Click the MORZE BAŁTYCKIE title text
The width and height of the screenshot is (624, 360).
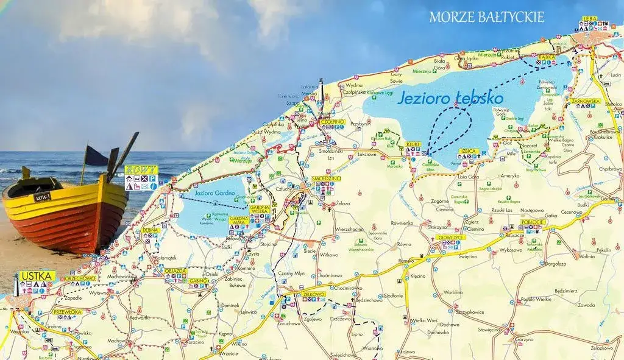click(x=486, y=17)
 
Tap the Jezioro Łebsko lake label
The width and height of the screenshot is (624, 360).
click(x=450, y=97)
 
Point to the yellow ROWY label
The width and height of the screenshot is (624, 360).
click(x=141, y=169)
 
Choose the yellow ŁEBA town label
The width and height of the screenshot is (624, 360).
click(x=590, y=19)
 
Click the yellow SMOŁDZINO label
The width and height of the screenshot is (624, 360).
click(x=326, y=178)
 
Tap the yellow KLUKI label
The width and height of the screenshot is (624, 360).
click(x=413, y=144)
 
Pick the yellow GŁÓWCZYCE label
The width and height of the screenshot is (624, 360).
click(x=452, y=237)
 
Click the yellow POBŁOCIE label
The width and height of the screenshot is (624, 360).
click(x=533, y=222)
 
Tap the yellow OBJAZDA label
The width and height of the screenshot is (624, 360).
click(x=175, y=270)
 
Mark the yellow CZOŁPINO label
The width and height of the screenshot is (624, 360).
click(x=333, y=121)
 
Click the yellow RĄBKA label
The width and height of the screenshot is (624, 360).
click(x=547, y=57)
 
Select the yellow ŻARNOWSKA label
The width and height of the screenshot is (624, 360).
click(x=586, y=101)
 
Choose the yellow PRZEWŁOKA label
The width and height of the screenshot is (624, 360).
click(x=67, y=311)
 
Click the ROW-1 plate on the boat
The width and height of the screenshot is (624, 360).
click(x=43, y=196)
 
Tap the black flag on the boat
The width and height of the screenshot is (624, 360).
click(x=96, y=156)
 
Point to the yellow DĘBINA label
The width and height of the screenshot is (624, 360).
click(x=150, y=230)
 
